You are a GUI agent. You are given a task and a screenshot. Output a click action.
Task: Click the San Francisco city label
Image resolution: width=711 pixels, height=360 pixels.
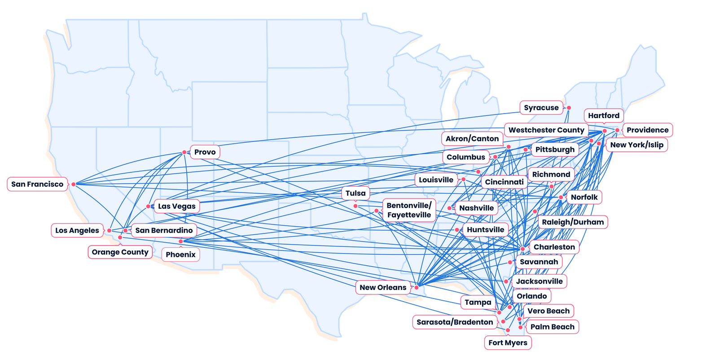pos(37,184)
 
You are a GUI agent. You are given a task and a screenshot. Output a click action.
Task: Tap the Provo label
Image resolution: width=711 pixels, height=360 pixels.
pos(205,152)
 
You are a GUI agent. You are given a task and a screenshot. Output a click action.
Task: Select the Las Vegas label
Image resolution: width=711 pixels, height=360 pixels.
pos(177,206)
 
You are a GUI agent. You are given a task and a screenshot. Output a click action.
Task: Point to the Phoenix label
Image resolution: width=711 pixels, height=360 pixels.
pos(180,255)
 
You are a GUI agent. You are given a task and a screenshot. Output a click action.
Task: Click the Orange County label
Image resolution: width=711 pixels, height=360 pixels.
pos(120,252)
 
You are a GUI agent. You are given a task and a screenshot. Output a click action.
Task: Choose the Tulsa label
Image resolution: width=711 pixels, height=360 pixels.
pos(355,193)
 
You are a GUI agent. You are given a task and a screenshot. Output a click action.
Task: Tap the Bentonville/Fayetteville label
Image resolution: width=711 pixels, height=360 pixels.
pos(409,210)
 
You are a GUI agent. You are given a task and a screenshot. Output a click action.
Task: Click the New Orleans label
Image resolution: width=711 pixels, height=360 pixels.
pos(383,287)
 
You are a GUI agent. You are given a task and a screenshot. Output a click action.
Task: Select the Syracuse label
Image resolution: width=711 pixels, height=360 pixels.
pos(541,108)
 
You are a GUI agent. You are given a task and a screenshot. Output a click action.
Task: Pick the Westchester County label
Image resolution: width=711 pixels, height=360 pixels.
pos(546,130)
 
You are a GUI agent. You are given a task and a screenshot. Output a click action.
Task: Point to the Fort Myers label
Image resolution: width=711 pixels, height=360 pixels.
pos(508,343)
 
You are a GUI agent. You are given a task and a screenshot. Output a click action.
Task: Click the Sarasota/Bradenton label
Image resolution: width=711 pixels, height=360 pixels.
pos(455,322)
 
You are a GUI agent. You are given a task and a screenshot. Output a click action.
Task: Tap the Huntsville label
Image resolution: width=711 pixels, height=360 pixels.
pos(485,230)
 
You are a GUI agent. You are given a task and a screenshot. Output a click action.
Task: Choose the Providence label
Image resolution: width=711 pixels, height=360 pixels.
pos(647,130)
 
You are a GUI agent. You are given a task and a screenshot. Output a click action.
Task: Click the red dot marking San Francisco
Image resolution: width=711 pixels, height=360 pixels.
pos(74,184)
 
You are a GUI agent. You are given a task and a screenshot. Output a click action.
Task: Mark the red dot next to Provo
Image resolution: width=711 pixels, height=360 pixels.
pos(184,152)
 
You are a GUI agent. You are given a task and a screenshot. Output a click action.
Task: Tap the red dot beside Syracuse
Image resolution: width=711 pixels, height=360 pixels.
pos(569,108)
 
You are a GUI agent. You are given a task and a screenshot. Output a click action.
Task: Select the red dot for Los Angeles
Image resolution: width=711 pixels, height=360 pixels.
pos(109,230)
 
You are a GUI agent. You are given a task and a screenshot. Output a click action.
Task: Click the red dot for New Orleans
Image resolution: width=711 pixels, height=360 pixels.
pos(417,287)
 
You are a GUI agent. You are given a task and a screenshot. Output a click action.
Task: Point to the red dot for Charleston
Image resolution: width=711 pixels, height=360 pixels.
pos(523,249)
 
